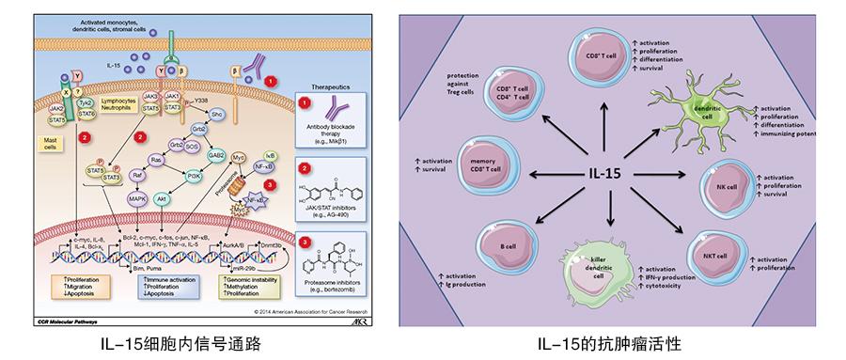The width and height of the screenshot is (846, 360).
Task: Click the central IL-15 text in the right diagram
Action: [x=611, y=173]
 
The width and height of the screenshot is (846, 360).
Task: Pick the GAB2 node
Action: [x=215, y=157]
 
